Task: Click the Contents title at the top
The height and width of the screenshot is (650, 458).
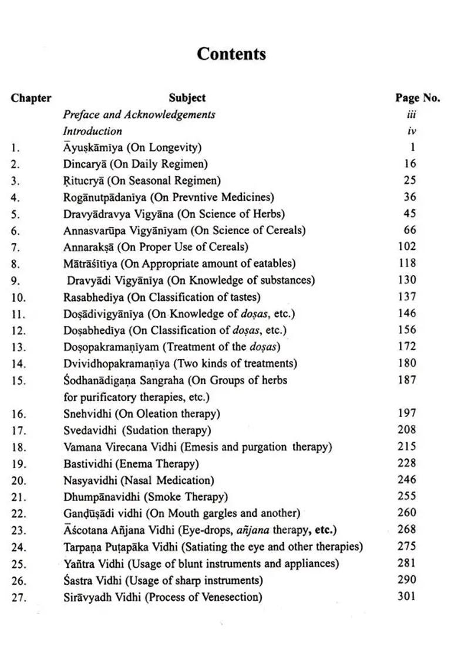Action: pyautogui.click(x=231, y=54)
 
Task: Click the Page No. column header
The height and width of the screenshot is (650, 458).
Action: pyautogui.click(x=417, y=98)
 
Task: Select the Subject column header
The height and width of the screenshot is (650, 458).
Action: pyautogui.click(x=187, y=98)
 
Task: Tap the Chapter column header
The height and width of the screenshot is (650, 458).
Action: pyautogui.click(x=31, y=98)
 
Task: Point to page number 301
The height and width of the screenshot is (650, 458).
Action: pyautogui.click(x=406, y=597)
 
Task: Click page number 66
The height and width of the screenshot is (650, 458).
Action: pyautogui.click(x=409, y=230)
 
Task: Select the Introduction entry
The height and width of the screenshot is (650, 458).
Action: pyautogui.click(x=93, y=131)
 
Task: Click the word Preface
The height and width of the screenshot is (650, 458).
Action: pyautogui.click(x=82, y=114)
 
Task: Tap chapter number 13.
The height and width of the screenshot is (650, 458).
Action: pyautogui.click(x=18, y=347)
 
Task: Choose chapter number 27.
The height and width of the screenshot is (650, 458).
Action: pyautogui.click(x=18, y=598)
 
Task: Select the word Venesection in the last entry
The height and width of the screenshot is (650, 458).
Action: pyautogui.click(x=231, y=598)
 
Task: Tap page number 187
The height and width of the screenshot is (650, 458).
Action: pyautogui.click(x=406, y=380)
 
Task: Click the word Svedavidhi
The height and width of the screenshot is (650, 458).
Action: pyautogui.click(x=90, y=430)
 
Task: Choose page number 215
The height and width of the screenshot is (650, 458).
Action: pyautogui.click(x=406, y=446)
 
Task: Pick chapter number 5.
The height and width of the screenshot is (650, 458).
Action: pyautogui.click(x=15, y=214)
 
